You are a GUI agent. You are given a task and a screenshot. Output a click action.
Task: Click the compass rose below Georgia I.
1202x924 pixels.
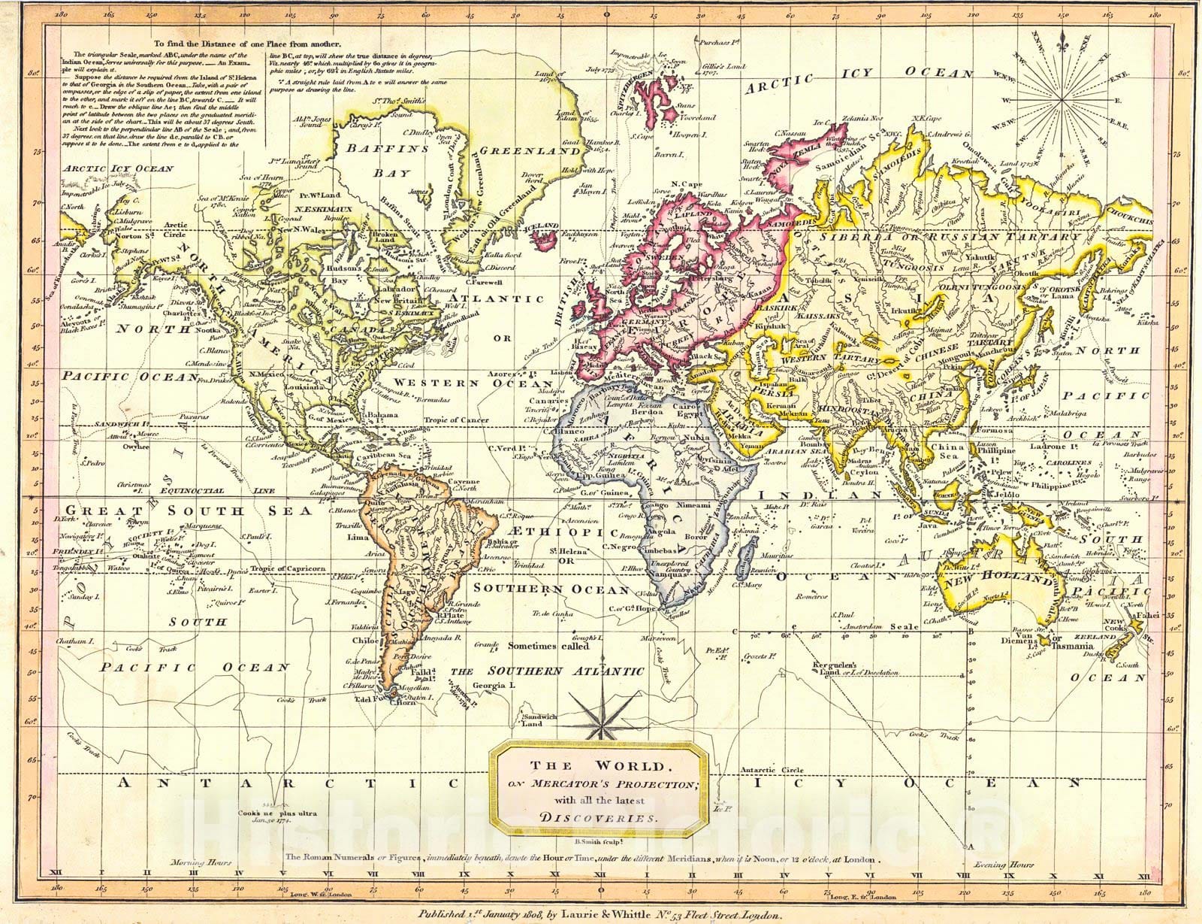coord(598,714)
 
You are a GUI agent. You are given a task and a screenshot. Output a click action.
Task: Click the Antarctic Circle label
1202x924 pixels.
coord(772,770)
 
